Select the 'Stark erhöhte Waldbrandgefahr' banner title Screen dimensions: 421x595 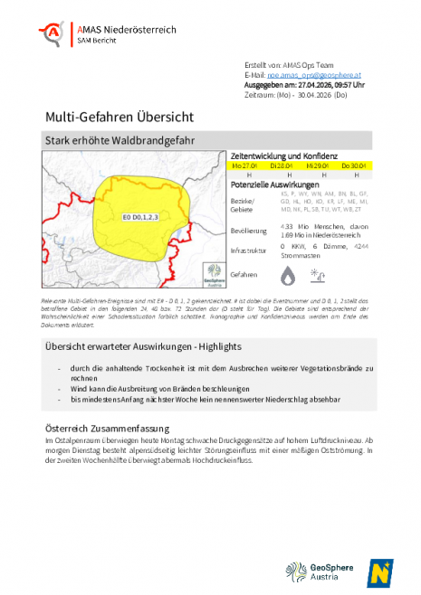pyautogui.click(x=120, y=140)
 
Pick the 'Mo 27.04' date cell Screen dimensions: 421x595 pyautogui.click(x=245, y=166)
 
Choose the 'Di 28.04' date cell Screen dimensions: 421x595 pyautogui.click(x=282, y=166)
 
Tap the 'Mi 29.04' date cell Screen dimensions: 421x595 pyautogui.click(x=317, y=166)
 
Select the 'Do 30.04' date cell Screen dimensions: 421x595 pyautogui.click(x=352, y=166)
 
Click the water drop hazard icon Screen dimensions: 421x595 pyautogui.click(x=287, y=274)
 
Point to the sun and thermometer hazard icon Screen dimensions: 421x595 pyautogui.click(x=318, y=274)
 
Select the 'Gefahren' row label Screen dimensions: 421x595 pyautogui.click(x=244, y=273)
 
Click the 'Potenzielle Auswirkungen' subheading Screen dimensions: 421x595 pyautogui.click(x=273, y=184)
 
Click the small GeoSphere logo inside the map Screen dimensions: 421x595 pyautogui.click(x=214, y=273)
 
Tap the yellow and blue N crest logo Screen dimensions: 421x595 pyautogui.click(x=379, y=572)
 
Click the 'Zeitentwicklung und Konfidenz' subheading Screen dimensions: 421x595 pyautogui.click(x=284, y=156)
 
